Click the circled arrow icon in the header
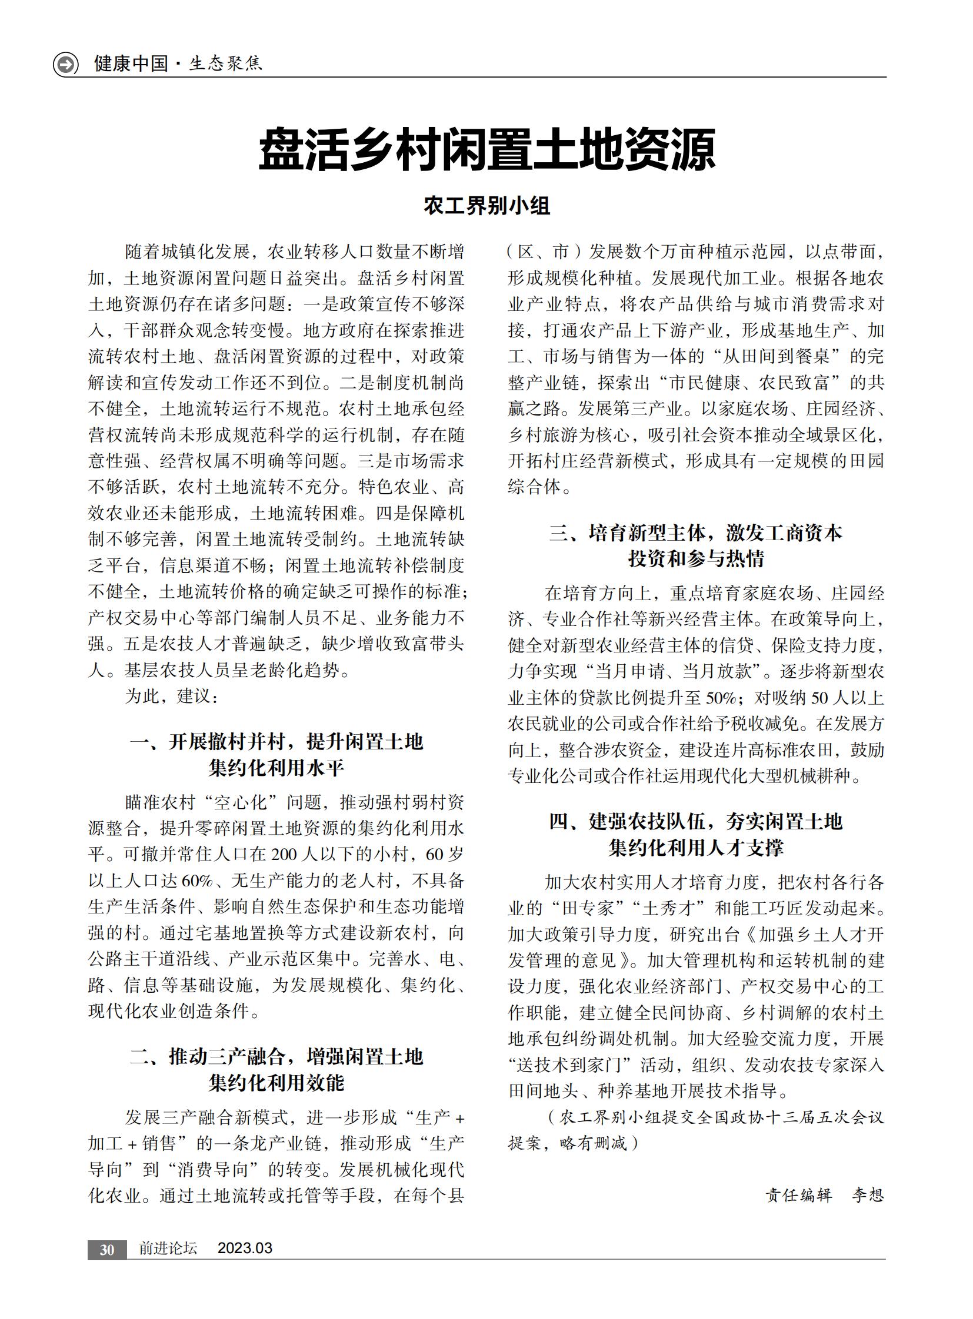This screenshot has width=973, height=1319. click(x=65, y=63)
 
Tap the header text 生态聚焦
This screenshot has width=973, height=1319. click(x=225, y=63)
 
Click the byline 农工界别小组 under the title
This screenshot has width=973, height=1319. click(x=487, y=206)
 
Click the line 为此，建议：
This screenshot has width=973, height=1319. click(x=171, y=697)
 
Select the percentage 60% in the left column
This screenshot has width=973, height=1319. click(x=197, y=881)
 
